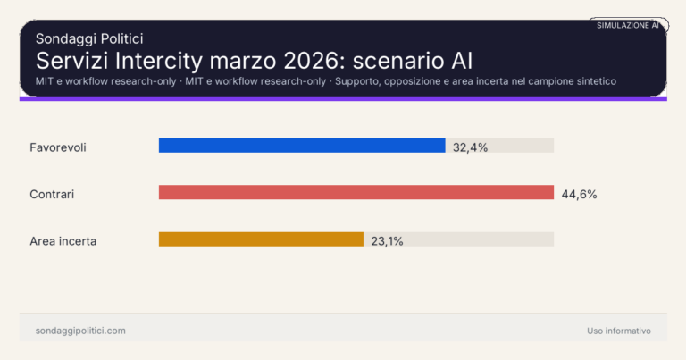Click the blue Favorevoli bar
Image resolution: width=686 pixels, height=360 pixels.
coord(302,146)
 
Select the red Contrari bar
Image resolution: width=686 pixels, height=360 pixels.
coord(356,192)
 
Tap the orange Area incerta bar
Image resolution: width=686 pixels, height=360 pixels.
coord(261,239)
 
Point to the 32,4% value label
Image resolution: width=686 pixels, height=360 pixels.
coord(470,147)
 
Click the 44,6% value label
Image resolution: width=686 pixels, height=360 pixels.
coord(579,193)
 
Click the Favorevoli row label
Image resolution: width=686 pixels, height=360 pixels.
coord(57,147)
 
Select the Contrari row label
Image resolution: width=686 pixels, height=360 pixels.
coord(52,193)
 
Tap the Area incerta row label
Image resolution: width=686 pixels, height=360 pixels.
coord(63,240)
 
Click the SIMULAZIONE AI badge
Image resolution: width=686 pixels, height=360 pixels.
coord(627,25)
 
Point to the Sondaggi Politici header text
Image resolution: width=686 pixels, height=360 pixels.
coord(89,38)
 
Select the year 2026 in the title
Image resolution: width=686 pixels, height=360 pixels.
coord(309,61)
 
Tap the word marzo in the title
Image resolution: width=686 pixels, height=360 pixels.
coord(241,61)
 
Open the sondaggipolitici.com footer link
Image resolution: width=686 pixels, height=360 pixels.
coord(80,331)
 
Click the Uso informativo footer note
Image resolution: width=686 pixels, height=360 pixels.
coord(619,331)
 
